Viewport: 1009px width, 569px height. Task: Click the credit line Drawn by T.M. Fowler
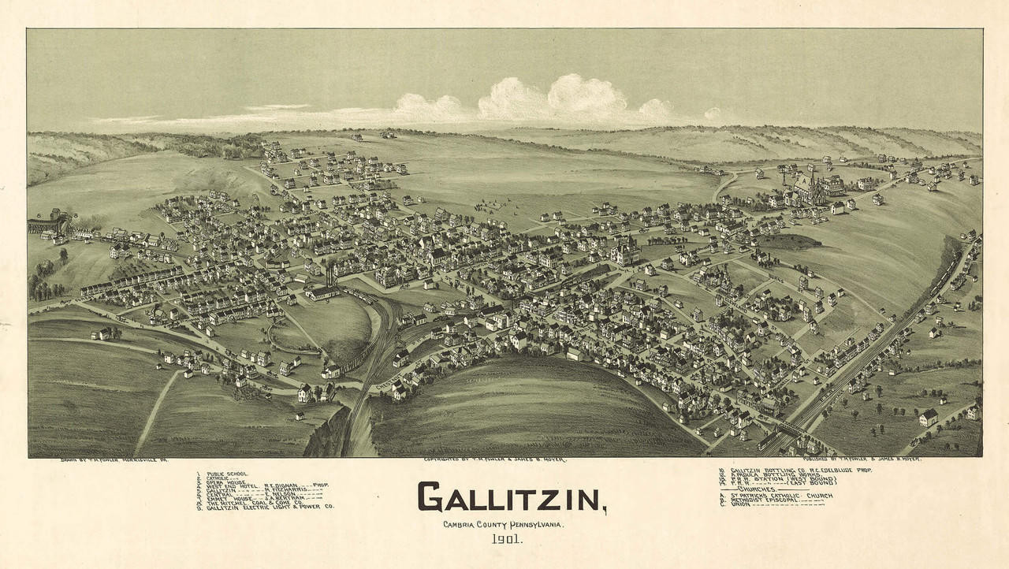pos(114,459)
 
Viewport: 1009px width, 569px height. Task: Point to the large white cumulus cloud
pos(552,99)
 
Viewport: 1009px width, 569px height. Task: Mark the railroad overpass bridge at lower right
pos(788,429)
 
